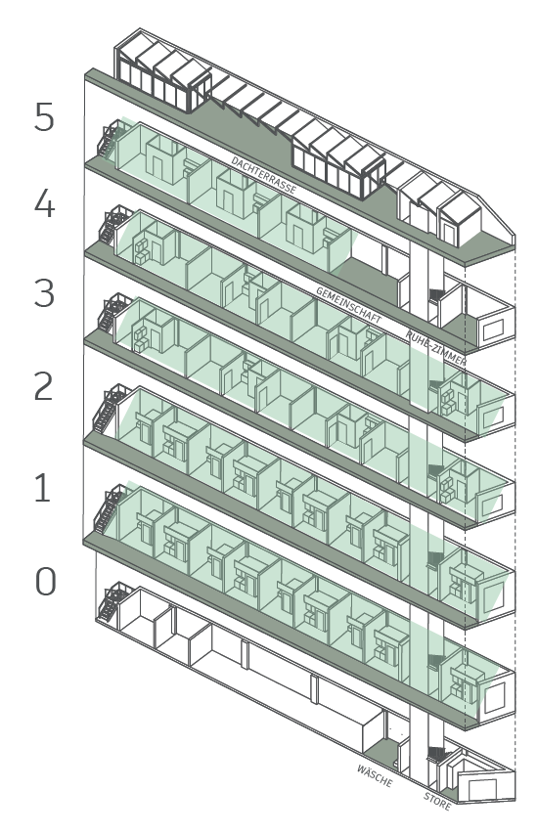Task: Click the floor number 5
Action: (44, 116)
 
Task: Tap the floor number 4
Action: (44, 203)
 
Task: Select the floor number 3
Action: (44, 292)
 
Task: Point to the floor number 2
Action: (44, 386)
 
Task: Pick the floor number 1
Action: (43, 488)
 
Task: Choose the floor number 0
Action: (45, 581)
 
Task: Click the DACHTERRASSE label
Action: (263, 175)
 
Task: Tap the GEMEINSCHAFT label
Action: (348, 305)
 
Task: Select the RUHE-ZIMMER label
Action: (435, 348)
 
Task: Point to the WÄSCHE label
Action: (375, 776)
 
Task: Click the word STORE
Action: (437, 801)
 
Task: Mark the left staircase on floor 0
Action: (112, 602)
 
